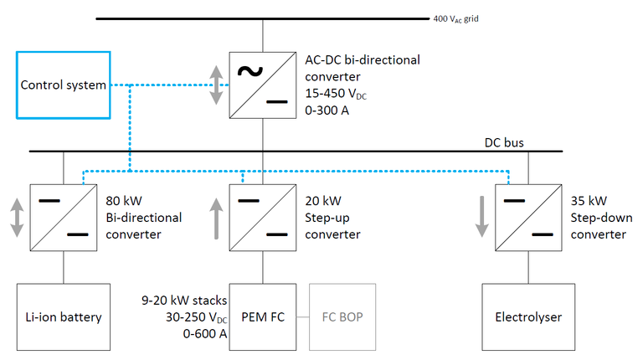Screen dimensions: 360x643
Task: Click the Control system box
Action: click(x=64, y=85)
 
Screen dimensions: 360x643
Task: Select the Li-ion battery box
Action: click(x=64, y=316)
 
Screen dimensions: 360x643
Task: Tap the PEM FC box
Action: click(x=264, y=316)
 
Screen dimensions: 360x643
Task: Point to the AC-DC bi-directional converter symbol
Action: click(x=264, y=85)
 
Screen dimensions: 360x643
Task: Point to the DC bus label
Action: click(x=505, y=143)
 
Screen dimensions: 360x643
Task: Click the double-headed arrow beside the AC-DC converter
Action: click(x=216, y=85)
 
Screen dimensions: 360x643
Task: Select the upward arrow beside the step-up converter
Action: click(x=216, y=219)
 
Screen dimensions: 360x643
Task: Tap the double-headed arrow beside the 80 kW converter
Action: click(x=16, y=219)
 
